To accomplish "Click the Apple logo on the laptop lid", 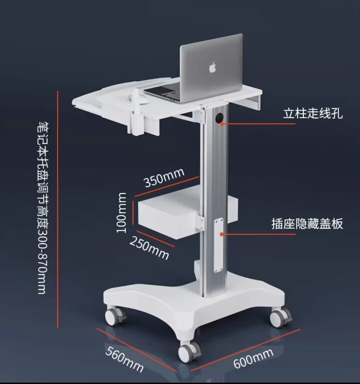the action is click(212, 67).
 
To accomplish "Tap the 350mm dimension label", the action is click(164, 177).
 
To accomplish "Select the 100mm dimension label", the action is click(122, 213).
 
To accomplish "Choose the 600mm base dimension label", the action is click(253, 358).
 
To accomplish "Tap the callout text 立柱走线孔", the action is click(313, 113).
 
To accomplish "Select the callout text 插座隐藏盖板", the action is click(307, 224).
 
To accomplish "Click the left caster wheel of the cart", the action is click(114, 317).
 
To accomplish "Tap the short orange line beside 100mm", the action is click(132, 213).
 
